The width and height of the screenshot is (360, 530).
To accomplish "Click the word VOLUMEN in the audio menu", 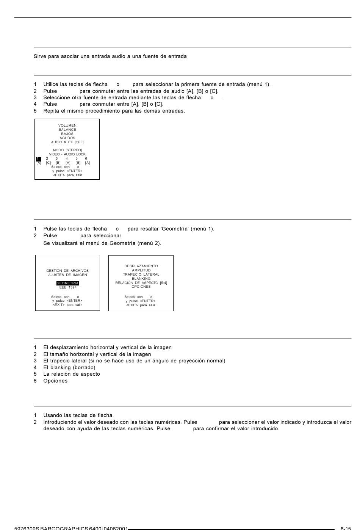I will pos(67,125).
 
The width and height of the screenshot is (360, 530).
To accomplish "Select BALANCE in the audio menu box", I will pos(67,130).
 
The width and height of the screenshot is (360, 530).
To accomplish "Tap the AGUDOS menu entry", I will pos(67,138).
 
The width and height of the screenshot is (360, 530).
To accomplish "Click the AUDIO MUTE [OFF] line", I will pos(67,142).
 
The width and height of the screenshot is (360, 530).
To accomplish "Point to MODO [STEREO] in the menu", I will pos(67,150).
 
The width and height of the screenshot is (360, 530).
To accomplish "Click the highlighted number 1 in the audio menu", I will pos(38,159).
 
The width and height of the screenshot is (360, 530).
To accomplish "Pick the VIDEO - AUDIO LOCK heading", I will pos(67,154).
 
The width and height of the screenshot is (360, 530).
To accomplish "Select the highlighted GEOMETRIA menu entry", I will pos(68,283).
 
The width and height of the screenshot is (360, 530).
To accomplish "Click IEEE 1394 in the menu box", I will pos(67,287).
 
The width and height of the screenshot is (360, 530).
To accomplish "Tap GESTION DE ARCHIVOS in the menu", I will pos(67,271).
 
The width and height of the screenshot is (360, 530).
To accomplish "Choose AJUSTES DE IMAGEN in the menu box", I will pos(67,275).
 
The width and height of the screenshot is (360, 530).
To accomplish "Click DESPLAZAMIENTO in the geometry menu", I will pos(141,266).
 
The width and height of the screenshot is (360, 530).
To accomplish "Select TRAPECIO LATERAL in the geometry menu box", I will pos(141,274).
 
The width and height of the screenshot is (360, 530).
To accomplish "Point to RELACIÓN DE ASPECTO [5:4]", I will pos(141,283).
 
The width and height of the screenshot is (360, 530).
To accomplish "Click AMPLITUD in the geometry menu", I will pos(141,270).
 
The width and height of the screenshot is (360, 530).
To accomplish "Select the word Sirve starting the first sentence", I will pos(40,56).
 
